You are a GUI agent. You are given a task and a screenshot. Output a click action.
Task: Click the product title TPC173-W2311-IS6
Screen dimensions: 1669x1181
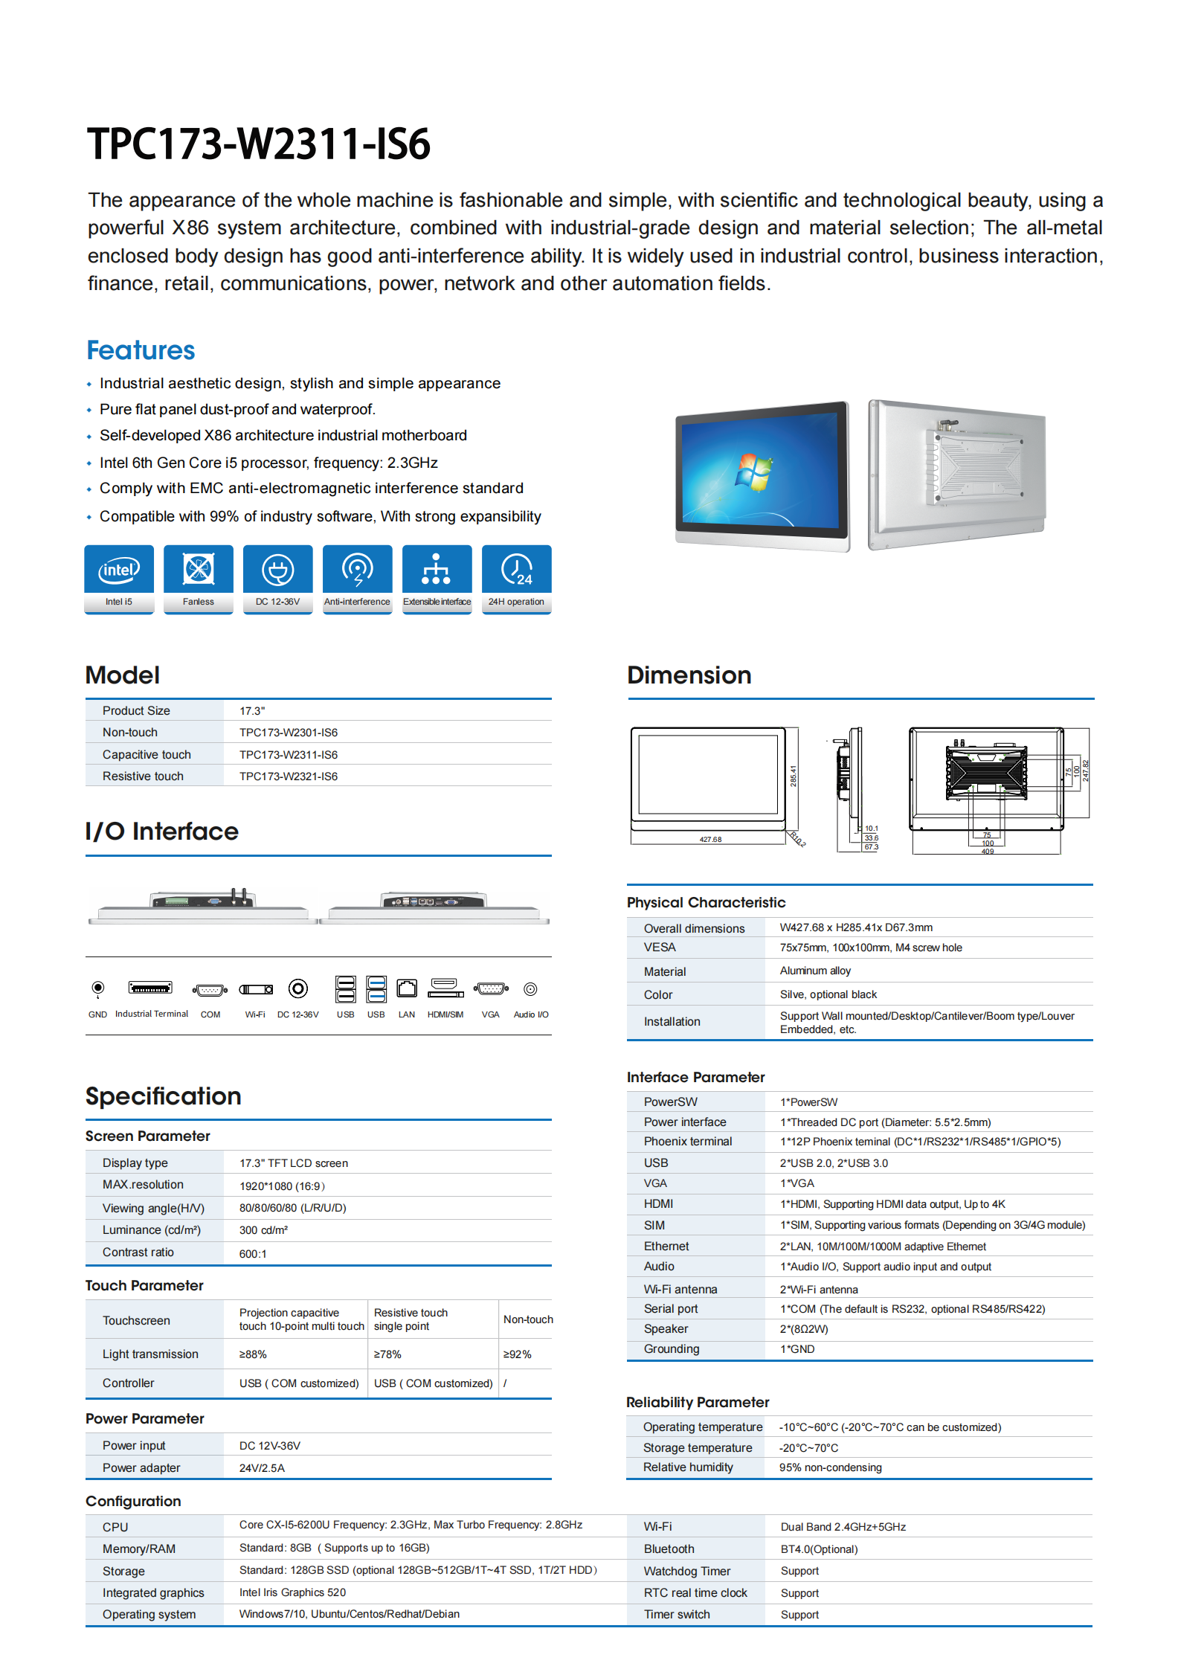(258, 144)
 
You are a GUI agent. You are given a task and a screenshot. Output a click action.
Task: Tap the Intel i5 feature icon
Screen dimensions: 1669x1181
(119, 571)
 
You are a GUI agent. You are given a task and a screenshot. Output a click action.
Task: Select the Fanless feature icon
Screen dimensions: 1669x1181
(199, 571)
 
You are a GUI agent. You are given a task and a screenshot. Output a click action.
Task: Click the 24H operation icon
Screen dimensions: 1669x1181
(516, 571)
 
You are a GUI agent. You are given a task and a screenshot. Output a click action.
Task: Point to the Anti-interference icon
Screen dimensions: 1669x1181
(357, 571)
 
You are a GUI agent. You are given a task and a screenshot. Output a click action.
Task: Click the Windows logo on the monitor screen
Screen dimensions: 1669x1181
(753, 472)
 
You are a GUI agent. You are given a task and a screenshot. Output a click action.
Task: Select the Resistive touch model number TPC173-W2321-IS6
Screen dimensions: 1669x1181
(289, 776)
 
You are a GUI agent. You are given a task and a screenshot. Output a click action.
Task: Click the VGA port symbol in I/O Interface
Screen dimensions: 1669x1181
(491, 989)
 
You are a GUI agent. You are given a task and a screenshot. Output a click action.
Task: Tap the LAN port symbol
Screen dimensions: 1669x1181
(407, 988)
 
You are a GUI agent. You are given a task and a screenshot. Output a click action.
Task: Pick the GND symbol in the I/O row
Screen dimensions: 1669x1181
(97, 988)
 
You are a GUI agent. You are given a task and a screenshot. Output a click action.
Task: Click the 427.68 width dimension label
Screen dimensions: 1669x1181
(710, 840)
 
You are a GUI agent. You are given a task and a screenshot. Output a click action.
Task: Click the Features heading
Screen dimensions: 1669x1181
(141, 350)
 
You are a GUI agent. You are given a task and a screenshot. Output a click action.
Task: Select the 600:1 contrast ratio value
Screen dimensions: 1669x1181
(253, 1254)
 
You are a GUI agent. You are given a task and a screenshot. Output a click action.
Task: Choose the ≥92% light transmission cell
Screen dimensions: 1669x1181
(518, 1354)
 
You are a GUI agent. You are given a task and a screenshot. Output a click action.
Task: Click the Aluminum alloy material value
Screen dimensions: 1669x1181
(815, 971)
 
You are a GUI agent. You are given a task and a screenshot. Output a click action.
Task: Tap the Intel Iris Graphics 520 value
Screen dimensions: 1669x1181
(292, 1592)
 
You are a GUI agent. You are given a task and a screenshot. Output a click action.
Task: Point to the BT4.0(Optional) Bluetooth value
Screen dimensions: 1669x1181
(819, 1549)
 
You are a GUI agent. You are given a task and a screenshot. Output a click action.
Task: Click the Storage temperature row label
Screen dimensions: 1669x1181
(698, 1447)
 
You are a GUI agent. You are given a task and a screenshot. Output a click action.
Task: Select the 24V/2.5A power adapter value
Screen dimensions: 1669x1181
(262, 1468)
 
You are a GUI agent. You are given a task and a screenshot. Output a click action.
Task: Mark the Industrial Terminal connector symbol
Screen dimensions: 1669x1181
(150, 988)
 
